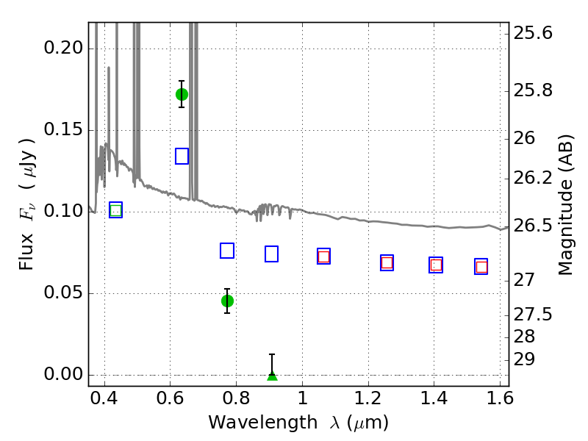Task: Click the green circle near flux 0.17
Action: pyautogui.click(x=182, y=95)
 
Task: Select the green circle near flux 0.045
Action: pyautogui.click(x=227, y=301)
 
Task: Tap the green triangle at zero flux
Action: pyautogui.click(x=272, y=376)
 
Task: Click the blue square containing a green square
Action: pyautogui.click(x=116, y=210)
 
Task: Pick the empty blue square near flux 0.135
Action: pyautogui.click(x=182, y=156)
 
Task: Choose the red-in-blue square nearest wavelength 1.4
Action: pyautogui.click(x=436, y=265)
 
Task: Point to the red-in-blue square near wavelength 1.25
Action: pyautogui.click(x=387, y=263)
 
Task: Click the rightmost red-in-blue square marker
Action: pyautogui.click(x=481, y=267)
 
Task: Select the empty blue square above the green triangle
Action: pyautogui.click(x=271, y=254)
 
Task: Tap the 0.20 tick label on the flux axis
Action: pyautogui.click(x=63, y=48)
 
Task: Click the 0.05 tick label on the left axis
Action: pyautogui.click(x=63, y=293)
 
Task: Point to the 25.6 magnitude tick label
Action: pyautogui.click(x=533, y=33)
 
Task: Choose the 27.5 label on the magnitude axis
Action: pyautogui.click(x=533, y=315)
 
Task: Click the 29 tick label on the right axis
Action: pyautogui.click(x=524, y=359)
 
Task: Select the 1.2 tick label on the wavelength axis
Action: pyautogui.click(x=368, y=398)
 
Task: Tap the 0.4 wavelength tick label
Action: pyautogui.click(x=104, y=398)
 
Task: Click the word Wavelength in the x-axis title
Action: pyautogui.click(x=263, y=423)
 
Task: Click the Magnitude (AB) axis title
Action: pyautogui.click(x=566, y=205)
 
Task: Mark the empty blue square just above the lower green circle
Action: pyautogui.click(x=227, y=251)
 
